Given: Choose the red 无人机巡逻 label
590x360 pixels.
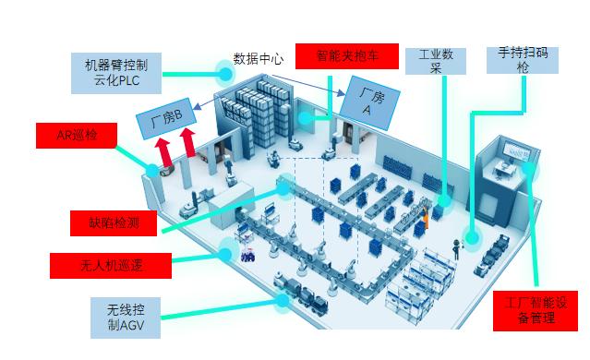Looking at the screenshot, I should (x=112, y=266).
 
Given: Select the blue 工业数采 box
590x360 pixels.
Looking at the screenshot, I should (x=436, y=61).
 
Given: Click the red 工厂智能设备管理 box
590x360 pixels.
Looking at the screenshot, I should (x=536, y=310).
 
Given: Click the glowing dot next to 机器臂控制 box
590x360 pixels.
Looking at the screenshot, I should (x=223, y=70).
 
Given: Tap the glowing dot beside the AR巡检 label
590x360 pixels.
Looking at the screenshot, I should (x=151, y=170).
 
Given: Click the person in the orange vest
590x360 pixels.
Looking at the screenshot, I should (x=426, y=220).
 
